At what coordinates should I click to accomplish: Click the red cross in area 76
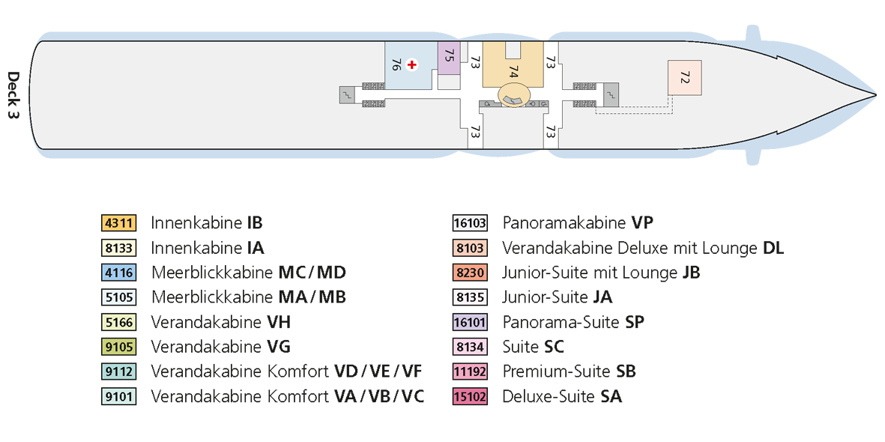pyautogui.click(x=412, y=65)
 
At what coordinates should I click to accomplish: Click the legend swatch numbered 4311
pyautogui.click(x=120, y=223)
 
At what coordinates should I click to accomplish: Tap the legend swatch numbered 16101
pyautogui.click(x=470, y=322)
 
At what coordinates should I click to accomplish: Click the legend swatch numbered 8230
pyautogui.click(x=470, y=273)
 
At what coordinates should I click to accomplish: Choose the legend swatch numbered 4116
pyautogui.click(x=120, y=273)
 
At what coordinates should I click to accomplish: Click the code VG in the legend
pyautogui.click(x=278, y=347)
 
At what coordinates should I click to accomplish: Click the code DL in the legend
pyautogui.click(x=773, y=248)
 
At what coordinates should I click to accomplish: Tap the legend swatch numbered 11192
pyautogui.click(x=470, y=372)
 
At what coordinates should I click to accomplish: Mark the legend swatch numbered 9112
pyautogui.click(x=120, y=372)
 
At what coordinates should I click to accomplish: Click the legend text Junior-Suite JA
pyautogui.click(x=557, y=297)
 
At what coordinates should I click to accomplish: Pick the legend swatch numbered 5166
pyautogui.click(x=120, y=322)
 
